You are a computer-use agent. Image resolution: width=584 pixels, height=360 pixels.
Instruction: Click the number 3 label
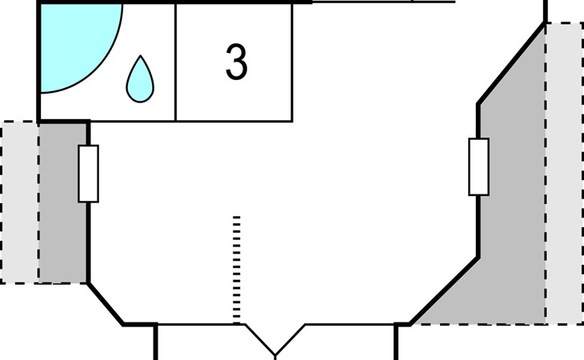[x=235, y=62]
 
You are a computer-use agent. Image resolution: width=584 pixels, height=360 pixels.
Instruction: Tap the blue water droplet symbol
[x=140, y=80]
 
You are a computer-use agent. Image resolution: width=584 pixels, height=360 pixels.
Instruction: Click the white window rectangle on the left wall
[x=88, y=173]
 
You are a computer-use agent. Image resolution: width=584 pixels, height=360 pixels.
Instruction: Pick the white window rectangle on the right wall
[x=478, y=166]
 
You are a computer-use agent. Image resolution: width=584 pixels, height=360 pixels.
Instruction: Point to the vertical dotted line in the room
[x=236, y=268]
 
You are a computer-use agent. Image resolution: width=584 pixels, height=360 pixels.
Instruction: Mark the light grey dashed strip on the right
[x=564, y=172]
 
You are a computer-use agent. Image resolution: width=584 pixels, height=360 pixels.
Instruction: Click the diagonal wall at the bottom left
[x=105, y=303]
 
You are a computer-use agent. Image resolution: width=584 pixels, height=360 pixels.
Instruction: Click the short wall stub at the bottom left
[x=155, y=342]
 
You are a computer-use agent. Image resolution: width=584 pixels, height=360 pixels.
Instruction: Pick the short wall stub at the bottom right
[x=396, y=342]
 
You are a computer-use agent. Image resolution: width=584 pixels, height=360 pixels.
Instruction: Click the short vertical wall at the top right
[x=546, y=10]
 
